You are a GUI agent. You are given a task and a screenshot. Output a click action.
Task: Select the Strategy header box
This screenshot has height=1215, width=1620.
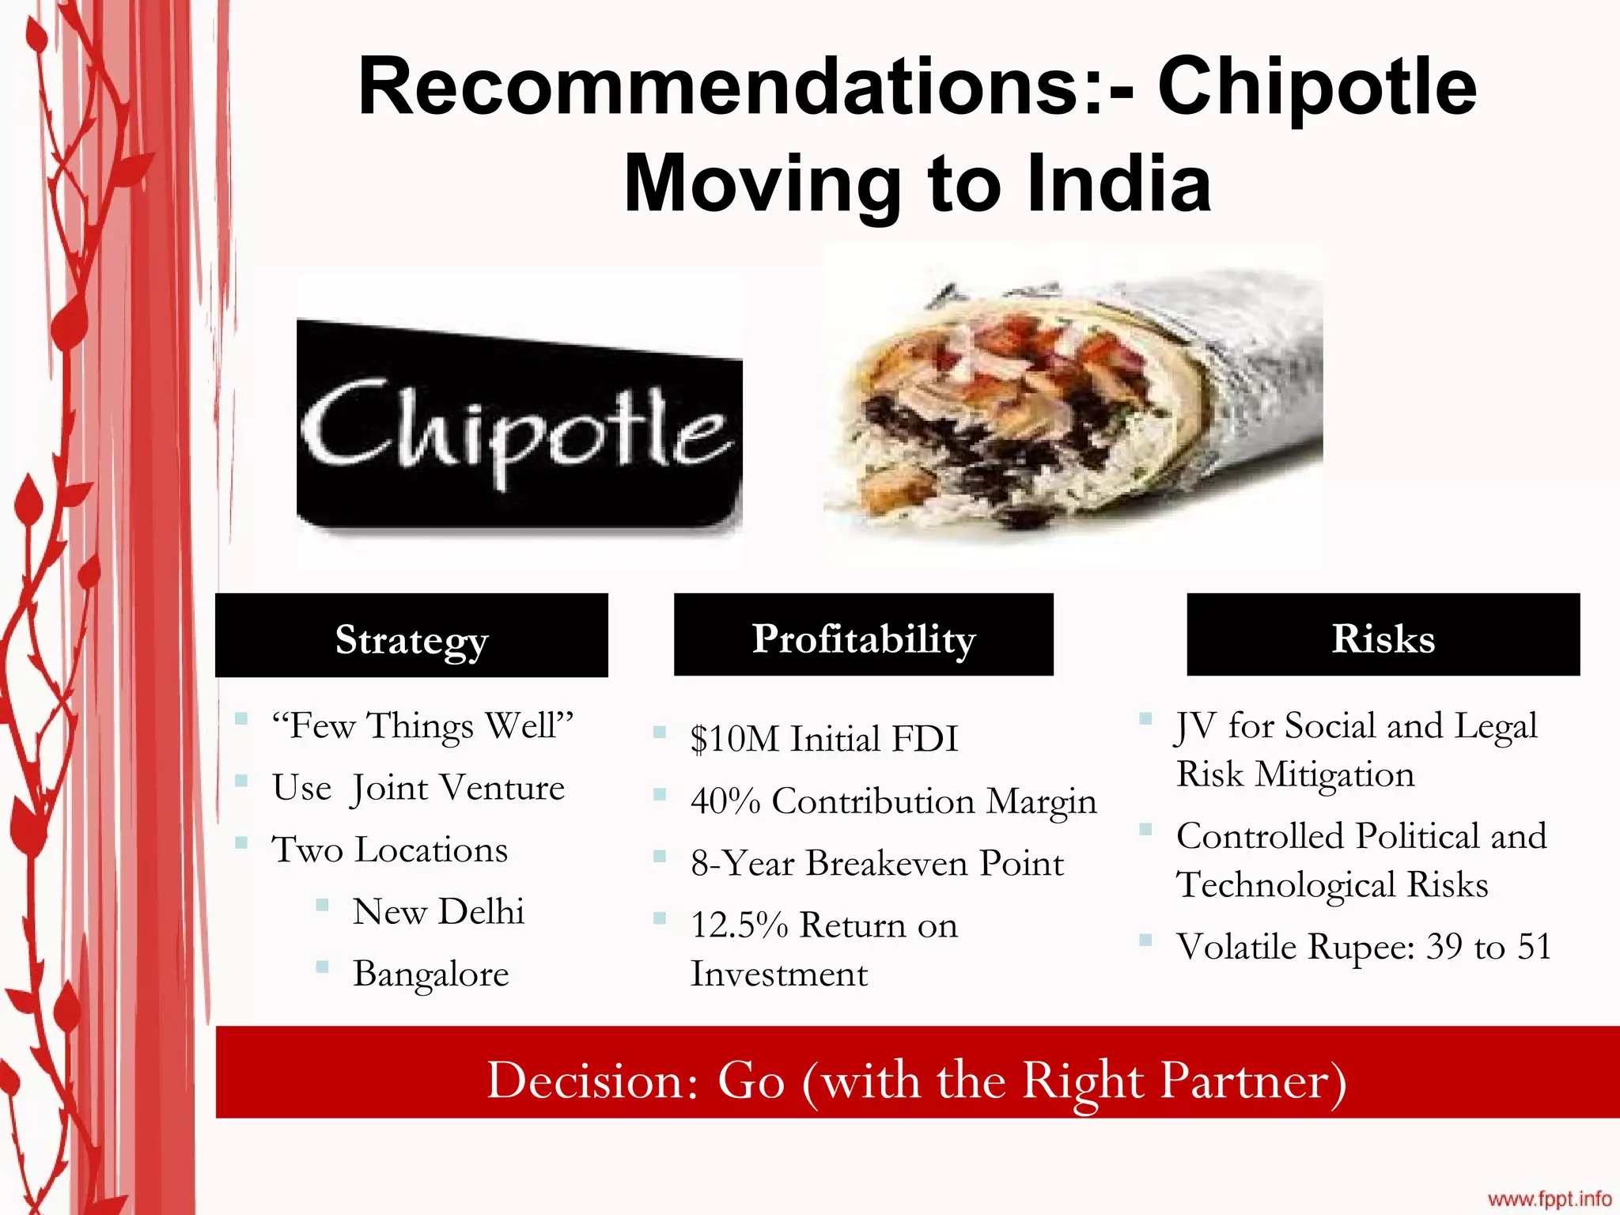coord(411,636)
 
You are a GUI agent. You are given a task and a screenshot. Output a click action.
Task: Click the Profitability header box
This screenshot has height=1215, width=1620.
coord(863,636)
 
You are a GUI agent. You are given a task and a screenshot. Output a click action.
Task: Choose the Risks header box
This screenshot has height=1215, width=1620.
coord(1383,636)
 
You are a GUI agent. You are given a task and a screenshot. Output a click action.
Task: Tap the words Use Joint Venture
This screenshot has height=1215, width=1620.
coord(418,788)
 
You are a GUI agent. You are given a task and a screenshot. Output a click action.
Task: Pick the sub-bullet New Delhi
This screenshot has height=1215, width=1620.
coord(438,911)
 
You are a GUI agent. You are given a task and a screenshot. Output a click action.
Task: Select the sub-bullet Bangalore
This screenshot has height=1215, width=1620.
coord(431,974)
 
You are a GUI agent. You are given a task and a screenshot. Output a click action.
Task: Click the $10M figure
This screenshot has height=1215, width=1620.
coord(734,739)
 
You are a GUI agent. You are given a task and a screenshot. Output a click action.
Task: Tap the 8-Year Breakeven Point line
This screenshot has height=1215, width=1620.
coord(876,863)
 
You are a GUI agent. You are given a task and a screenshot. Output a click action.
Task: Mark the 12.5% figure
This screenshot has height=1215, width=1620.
coord(739,925)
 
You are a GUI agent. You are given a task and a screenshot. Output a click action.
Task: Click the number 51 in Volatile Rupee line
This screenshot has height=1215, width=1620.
coord(1534,946)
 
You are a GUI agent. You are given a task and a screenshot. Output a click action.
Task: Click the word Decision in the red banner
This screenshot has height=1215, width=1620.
coord(592,1080)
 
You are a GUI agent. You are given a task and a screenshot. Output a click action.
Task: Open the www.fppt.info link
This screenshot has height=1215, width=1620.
coord(1550,1199)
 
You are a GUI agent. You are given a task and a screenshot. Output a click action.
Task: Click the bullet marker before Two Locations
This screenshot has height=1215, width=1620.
coord(242,842)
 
